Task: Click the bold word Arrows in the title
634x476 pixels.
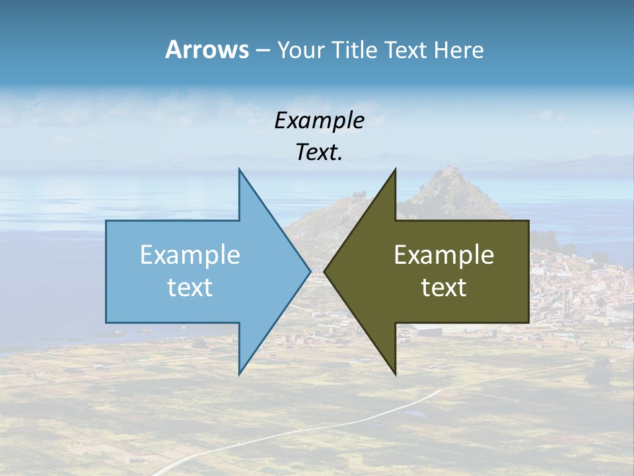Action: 207,50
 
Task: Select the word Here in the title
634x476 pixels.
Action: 458,50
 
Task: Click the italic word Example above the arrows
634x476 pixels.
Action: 319,120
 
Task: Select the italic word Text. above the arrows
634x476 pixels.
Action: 319,152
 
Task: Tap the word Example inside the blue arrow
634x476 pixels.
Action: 190,255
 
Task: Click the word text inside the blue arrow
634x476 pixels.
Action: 190,287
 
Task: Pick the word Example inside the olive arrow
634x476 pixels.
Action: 444,255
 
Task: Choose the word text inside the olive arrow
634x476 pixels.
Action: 444,287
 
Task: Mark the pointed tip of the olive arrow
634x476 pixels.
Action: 325,271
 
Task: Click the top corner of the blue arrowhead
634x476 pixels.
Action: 239,170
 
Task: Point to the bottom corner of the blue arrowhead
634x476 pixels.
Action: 239,373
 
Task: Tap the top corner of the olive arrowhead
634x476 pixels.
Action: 395,170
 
